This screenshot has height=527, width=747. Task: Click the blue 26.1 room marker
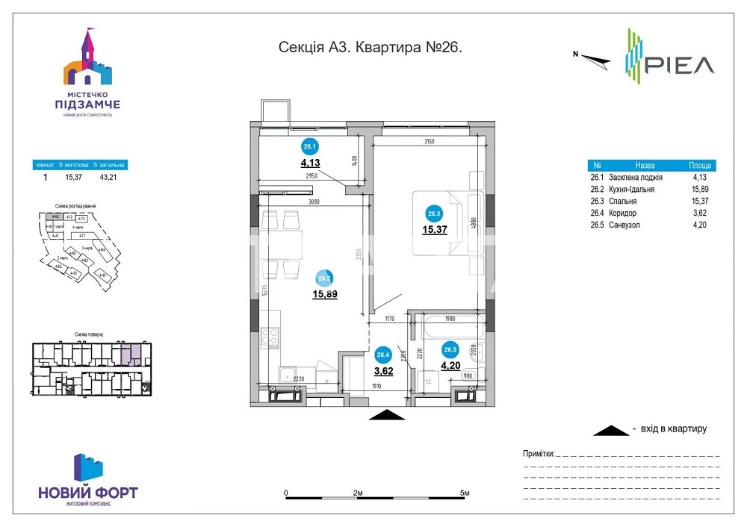click(309, 147)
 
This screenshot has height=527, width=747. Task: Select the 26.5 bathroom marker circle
click(450, 349)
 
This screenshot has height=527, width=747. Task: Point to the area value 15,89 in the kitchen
click(325, 294)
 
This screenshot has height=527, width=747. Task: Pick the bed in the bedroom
click(444, 223)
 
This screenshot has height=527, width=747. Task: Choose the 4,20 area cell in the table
click(698, 225)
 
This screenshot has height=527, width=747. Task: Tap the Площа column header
click(700, 166)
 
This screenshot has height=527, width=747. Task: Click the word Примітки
click(538, 453)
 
